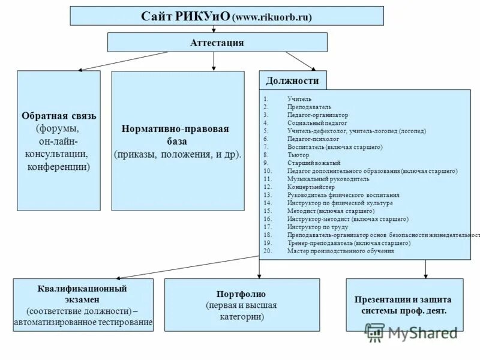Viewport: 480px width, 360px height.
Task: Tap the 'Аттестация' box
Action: tap(217, 43)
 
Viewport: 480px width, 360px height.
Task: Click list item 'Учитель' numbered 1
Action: tap(299, 98)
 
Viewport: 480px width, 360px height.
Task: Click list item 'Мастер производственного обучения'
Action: tap(340, 251)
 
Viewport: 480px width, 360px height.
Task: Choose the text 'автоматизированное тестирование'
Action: tap(83, 323)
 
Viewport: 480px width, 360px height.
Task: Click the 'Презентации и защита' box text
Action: tap(403, 299)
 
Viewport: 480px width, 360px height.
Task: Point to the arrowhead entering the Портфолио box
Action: tap(258, 276)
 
